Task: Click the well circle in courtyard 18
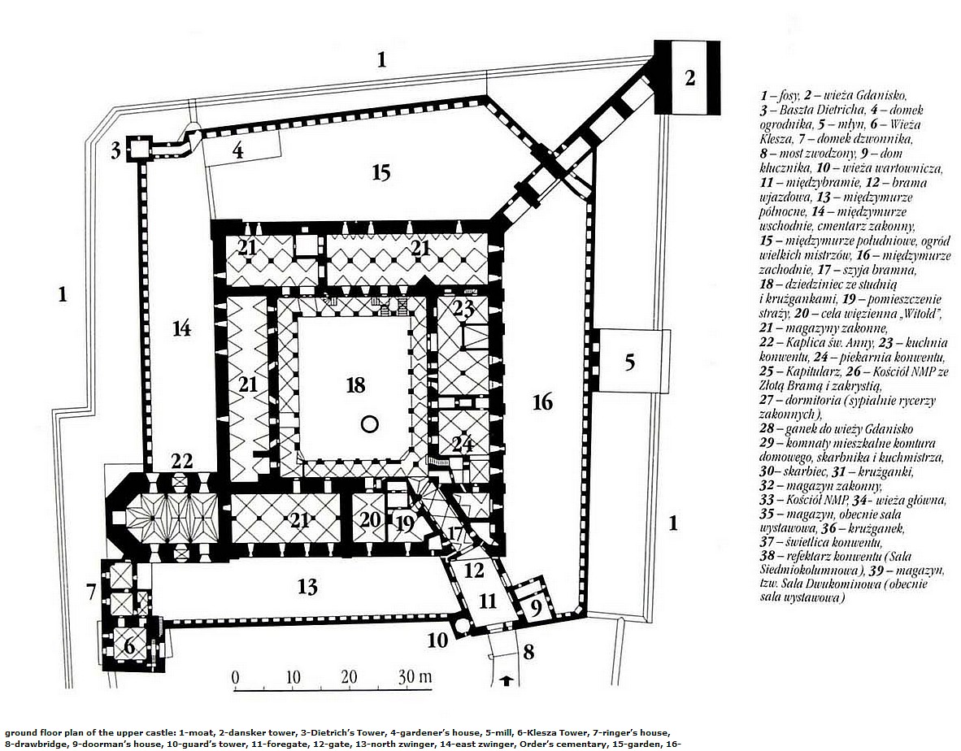pos(370,424)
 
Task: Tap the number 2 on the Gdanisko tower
pos(689,78)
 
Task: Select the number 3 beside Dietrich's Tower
pos(115,150)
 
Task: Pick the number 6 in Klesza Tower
pos(129,645)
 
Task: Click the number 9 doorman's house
pos(535,610)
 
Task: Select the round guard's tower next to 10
pos(461,625)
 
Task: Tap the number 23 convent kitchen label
pos(464,307)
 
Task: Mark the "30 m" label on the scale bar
pos(415,677)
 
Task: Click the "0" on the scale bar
pos(235,678)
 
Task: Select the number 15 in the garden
pos(380,173)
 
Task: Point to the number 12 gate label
pos(474,571)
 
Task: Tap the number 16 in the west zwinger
pos(542,402)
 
